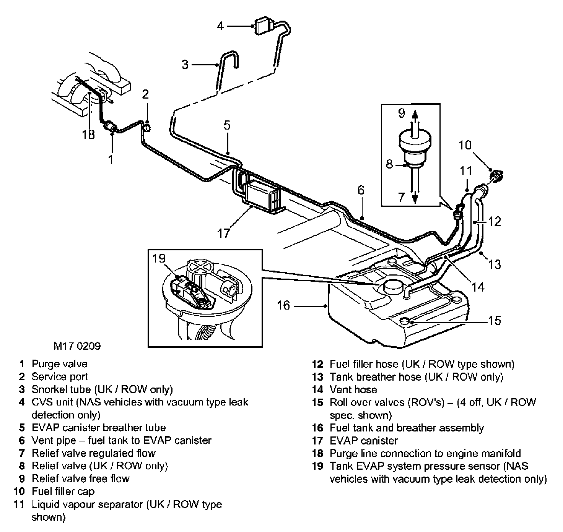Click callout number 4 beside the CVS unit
pyautogui.click(x=220, y=26)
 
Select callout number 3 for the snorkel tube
pyautogui.click(x=185, y=64)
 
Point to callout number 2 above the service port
pyautogui.click(x=145, y=94)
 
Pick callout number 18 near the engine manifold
pyautogui.click(x=88, y=135)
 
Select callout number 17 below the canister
pyautogui.click(x=223, y=232)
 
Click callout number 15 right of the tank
pyautogui.click(x=495, y=320)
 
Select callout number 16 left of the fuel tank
pyautogui.click(x=283, y=305)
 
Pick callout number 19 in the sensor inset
pyautogui.click(x=159, y=259)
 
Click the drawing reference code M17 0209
pyautogui.click(x=77, y=346)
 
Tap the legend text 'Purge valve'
pyautogui.click(x=59, y=364)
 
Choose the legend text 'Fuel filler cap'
pyautogui.click(x=63, y=491)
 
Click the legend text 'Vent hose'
pyautogui.click(x=353, y=389)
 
